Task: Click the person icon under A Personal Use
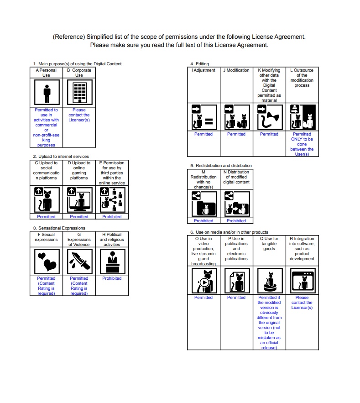pyautogui.click(x=46, y=93)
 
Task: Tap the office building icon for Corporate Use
pyautogui.click(x=79, y=93)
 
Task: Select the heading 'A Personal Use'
pyautogui.click(x=46, y=73)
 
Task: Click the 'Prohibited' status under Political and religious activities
pyautogui.click(x=112, y=278)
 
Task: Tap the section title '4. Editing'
pyautogui.click(x=200, y=63)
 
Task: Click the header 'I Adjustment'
pyautogui.click(x=203, y=70)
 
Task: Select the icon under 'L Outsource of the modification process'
pyautogui.click(x=302, y=117)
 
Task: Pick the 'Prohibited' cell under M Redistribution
pyautogui.click(x=203, y=220)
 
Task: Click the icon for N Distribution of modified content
pyautogui.click(x=236, y=203)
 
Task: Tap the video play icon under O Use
pyautogui.click(x=203, y=280)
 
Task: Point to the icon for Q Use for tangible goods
pyautogui.click(x=269, y=280)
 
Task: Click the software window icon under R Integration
pyautogui.click(x=302, y=280)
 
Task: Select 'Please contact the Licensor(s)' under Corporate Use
pyautogui.click(x=79, y=115)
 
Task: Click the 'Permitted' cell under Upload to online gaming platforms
pyautogui.click(x=79, y=216)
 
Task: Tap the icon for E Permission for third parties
pyautogui.click(x=112, y=199)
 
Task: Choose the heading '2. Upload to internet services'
pyautogui.click(x=61, y=157)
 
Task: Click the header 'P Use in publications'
pyautogui.click(x=236, y=249)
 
